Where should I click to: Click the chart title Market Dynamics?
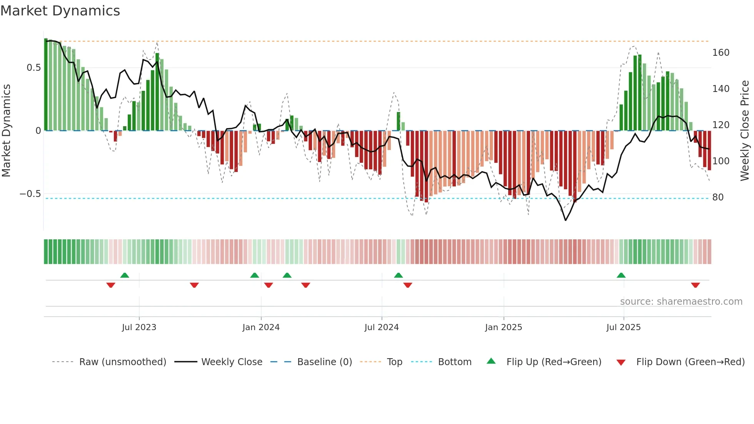(60, 11)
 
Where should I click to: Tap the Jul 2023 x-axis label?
(139, 327)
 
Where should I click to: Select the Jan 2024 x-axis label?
(261, 327)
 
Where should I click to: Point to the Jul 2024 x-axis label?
(381, 327)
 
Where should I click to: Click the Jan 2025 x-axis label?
(503, 327)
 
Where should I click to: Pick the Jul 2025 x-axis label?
(623, 327)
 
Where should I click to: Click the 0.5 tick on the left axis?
(34, 68)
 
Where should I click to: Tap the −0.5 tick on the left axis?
(30, 194)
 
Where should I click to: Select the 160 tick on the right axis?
(721, 53)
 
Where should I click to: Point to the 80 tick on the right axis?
(718, 197)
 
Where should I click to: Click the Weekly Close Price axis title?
(745, 131)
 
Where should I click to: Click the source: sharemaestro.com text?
(681, 302)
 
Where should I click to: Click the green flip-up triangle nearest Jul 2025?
(621, 275)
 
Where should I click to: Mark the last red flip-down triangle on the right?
(695, 285)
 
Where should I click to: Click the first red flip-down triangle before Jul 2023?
(111, 285)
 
